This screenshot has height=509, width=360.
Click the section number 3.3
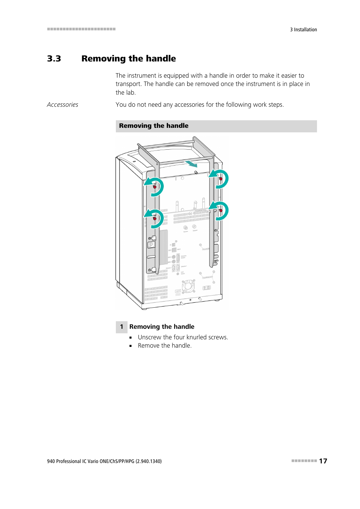(54, 59)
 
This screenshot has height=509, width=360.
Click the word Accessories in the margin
(63, 105)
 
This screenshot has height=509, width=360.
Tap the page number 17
(323, 461)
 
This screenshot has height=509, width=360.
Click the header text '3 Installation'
(303, 30)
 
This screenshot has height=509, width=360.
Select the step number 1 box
(122, 327)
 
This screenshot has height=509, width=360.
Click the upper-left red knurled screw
(155, 187)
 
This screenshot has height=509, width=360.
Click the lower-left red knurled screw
(155, 218)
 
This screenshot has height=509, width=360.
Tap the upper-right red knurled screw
(221, 179)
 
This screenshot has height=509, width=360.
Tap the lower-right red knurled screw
(221, 210)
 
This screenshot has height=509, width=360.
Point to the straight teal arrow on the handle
(191, 164)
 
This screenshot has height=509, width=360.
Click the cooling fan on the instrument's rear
(188, 287)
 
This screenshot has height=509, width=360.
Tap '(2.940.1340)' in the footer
(149, 461)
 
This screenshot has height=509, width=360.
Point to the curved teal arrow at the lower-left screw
(155, 218)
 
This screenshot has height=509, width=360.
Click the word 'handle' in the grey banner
(177, 126)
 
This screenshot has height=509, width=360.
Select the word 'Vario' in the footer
(93, 461)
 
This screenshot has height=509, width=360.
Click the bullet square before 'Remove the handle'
(131, 346)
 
